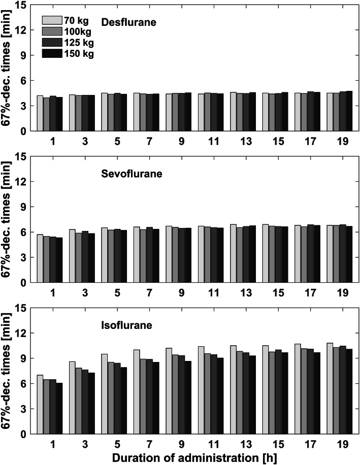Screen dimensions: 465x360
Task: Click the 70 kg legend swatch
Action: tap(52, 21)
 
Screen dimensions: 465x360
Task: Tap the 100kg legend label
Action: tap(78, 31)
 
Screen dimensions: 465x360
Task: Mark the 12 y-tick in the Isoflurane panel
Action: tap(21, 333)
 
